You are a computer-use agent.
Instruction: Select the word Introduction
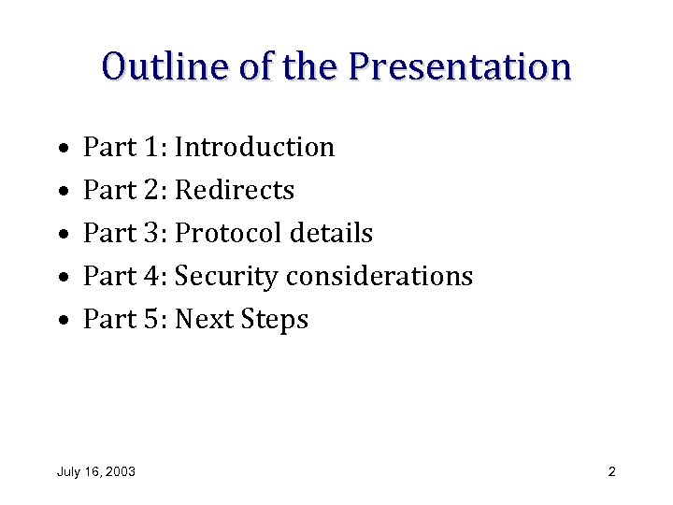pyautogui.click(x=254, y=148)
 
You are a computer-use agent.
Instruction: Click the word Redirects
pyautogui.click(x=235, y=191)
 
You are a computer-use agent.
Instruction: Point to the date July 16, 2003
pyautogui.click(x=95, y=471)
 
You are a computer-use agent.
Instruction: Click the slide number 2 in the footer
pyautogui.click(x=611, y=471)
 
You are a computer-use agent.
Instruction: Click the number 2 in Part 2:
pyautogui.click(x=153, y=191)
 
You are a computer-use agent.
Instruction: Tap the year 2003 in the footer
pyautogui.click(x=121, y=471)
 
